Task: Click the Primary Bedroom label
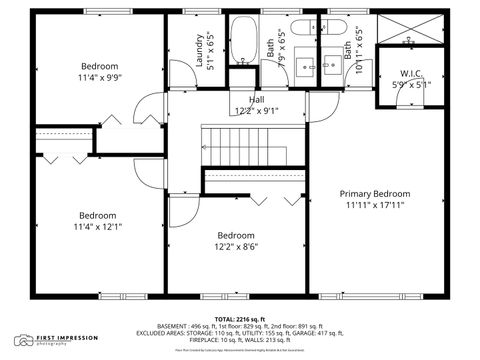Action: click(374, 193)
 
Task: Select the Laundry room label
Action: click(199, 50)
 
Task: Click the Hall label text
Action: click(256, 100)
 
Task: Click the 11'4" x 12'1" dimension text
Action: click(98, 227)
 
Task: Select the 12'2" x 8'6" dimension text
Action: click(237, 247)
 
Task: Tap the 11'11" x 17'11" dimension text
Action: click(374, 206)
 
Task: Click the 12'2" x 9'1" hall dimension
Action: click(256, 111)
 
